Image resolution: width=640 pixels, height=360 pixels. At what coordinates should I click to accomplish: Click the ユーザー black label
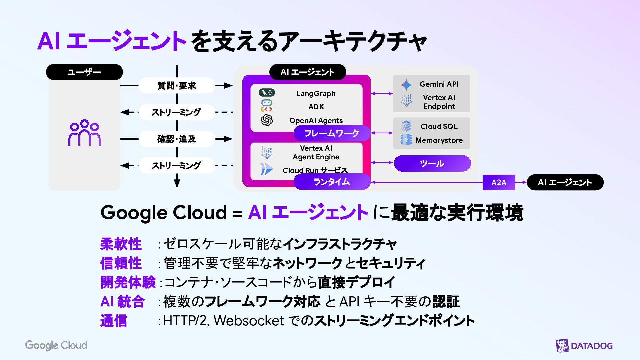(84, 72)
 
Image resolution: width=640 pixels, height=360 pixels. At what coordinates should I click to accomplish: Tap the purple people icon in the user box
(84, 132)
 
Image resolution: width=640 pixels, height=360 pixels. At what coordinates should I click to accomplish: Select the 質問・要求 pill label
(176, 86)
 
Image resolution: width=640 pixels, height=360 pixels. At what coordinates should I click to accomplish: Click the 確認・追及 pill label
(176, 139)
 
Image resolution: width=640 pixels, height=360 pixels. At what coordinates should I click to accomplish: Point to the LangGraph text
(316, 94)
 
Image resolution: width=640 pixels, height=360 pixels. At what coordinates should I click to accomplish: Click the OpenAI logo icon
(267, 120)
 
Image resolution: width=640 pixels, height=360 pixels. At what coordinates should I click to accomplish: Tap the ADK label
(316, 107)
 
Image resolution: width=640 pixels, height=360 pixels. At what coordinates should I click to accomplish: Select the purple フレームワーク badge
(332, 133)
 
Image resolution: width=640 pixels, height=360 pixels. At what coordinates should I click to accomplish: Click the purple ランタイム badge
(332, 182)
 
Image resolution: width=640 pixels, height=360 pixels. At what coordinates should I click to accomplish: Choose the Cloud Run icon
(266, 169)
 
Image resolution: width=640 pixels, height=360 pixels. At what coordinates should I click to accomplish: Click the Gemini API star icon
(406, 85)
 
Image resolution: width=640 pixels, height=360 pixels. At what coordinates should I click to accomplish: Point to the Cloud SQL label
(439, 127)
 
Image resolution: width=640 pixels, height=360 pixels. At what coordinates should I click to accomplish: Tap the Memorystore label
(439, 140)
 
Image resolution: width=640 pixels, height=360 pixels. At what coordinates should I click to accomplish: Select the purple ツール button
(432, 163)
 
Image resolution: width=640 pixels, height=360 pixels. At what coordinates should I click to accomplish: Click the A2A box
(499, 182)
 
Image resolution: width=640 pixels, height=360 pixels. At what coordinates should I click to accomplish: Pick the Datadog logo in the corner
(584, 346)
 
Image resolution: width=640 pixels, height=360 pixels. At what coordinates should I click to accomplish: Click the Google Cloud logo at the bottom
(56, 345)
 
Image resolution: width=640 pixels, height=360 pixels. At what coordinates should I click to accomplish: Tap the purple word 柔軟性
(121, 244)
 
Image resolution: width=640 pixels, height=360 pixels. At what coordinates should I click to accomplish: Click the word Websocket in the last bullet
(249, 321)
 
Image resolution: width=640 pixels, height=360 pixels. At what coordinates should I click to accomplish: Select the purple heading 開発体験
(128, 282)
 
